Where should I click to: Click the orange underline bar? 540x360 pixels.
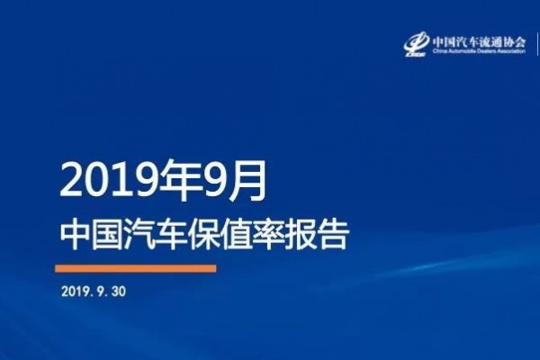coord(136,268)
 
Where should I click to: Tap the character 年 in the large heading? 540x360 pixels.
coord(176,180)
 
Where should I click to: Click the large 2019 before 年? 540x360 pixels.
coord(108,181)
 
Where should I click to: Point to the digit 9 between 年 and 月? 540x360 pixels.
coord(212,181)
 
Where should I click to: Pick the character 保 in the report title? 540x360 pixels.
coord(204,235)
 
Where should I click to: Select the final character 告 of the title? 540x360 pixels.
coord(333,235)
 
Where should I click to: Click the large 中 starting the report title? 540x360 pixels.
coord(76,235)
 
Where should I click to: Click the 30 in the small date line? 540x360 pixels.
coord(118,292)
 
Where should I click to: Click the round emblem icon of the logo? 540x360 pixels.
coord(417,43)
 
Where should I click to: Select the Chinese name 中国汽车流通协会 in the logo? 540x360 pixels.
coord(479,41)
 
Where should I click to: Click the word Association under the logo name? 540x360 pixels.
coord(514,51)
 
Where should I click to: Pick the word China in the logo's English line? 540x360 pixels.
coord(438,51)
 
